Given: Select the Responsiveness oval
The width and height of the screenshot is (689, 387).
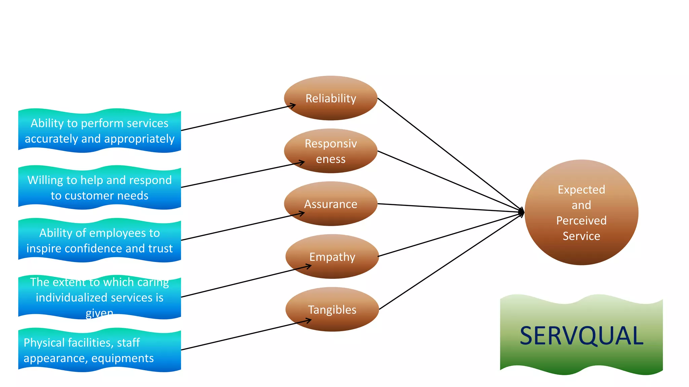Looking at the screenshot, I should click(x=330, y=151).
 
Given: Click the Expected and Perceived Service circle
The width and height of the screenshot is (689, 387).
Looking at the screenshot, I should click(x=581, y=212).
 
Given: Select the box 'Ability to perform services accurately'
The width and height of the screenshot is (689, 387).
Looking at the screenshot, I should click(x=100, y=131).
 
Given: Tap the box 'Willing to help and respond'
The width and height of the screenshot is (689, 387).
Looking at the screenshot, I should click(x=100, y=187).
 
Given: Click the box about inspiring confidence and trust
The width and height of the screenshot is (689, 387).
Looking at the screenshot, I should click(x=100, y=240).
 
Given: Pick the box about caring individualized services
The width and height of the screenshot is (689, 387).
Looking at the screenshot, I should click(x=100, y=297).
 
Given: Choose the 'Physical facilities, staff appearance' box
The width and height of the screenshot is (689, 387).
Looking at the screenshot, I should click(x=100, y=350).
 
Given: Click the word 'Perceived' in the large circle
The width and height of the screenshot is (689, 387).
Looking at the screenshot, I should click(x=581, y=221).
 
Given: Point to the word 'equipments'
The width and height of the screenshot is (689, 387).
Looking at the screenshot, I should click(x=122, y=358).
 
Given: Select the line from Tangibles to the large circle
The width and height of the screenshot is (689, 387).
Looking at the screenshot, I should click(x=451, y=261).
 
